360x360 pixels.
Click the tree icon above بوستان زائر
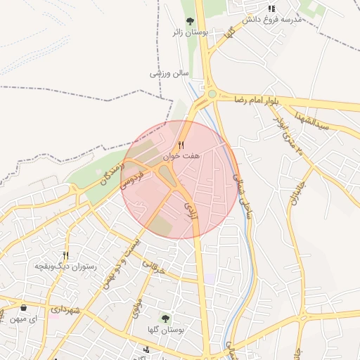[190, 21]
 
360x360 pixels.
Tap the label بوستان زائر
[188, 32]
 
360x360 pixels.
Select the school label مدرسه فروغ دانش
[271, 20]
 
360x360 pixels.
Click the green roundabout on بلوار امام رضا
[212, 94]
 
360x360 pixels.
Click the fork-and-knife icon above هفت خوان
[181, 145]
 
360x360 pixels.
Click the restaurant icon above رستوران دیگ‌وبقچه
[66, 256]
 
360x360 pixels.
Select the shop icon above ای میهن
[23, 308]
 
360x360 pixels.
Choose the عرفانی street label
[152, 266]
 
